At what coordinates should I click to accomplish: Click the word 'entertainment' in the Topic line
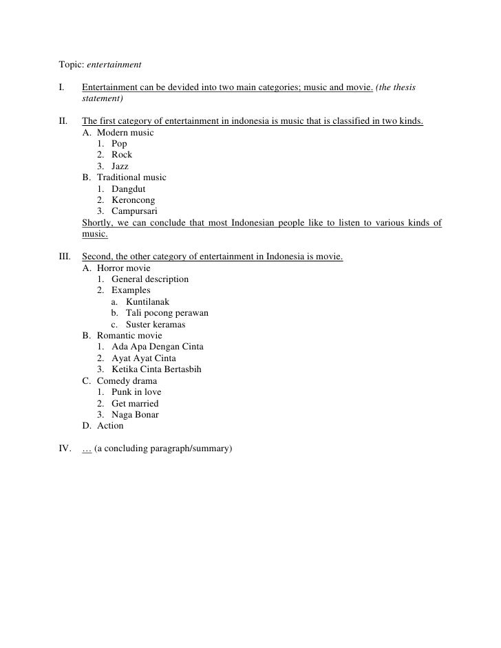tap(114, 65)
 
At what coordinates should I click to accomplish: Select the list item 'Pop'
tap(119, 144)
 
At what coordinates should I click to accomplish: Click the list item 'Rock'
tap(122, 155)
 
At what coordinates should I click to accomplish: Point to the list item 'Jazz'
tap(120, 166)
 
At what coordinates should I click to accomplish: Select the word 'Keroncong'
tap(133, 200)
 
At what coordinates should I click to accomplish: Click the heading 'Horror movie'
tap(123, 268)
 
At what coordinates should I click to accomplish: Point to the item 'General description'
tap(149, 279)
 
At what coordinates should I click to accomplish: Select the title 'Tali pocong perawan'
tap(167, 313)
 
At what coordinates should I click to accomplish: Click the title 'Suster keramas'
tap(156, 325)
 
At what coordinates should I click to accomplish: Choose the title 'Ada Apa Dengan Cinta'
tap(157, 347)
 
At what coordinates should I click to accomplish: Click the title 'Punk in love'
tap(136, 392)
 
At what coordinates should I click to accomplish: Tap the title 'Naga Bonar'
tap(135, 414)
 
